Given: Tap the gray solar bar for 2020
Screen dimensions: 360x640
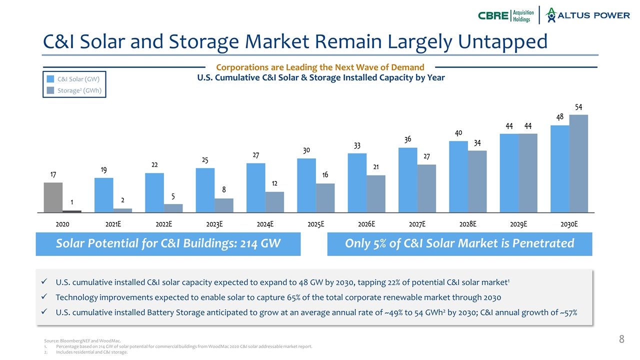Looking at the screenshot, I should click(53, 197).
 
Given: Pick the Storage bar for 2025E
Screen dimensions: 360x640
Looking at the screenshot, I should click(325, 197).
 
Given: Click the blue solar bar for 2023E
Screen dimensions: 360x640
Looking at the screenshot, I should click(205, 190).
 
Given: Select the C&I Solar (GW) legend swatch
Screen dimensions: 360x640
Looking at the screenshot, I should click(50, 79).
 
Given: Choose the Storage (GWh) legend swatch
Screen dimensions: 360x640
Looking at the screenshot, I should click(50, 90).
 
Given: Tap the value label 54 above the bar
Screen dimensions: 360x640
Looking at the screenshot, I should click(578, 107).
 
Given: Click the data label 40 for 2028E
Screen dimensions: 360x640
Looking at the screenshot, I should click(458, 133).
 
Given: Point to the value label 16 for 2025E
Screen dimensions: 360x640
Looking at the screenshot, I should click(325, 175).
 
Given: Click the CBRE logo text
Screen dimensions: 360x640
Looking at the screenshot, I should click(493, 15).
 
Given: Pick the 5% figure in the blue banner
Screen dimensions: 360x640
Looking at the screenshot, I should click(375, 243).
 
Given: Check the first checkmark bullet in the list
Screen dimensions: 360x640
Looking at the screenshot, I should click(45, 282).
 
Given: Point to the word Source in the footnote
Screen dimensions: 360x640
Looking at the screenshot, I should click(52, 341).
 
